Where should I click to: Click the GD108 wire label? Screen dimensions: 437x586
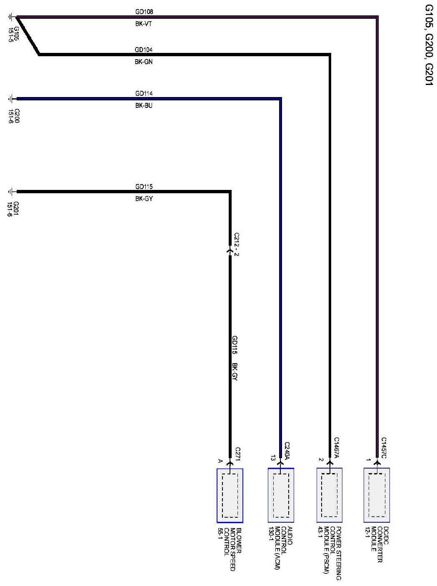point(144,12)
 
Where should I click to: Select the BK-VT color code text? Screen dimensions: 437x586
point(144,24)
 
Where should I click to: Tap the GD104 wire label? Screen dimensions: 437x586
point(144,50)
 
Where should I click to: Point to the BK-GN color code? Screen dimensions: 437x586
point(144,62)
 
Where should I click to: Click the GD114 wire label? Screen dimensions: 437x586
point(144,93)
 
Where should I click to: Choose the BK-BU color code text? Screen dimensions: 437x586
point(144,106)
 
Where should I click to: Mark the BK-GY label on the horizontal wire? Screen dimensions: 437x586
point(144,199)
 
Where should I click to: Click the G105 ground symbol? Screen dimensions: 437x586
point(10,17)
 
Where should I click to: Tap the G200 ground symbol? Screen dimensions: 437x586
point(10,99)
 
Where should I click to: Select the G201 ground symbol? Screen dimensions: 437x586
point(10,192)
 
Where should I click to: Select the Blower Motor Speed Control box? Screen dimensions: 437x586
point(230,495)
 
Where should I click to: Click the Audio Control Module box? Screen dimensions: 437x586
point(281,495)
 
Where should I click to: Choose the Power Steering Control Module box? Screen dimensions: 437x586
point(329,495)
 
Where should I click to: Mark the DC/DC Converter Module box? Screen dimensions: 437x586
point(377,495)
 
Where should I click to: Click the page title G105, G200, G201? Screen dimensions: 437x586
point(429,45)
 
